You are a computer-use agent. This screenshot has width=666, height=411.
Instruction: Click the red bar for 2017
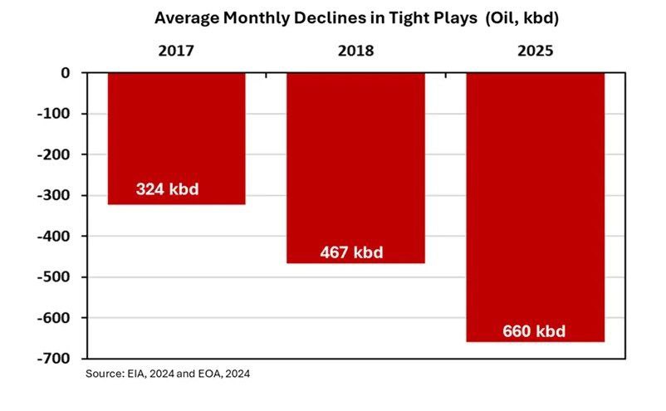[x=176, y=139]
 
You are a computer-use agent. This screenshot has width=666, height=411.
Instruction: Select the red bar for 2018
[x=356, y=168]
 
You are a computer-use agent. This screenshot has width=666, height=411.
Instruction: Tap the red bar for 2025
[x=535, y=208]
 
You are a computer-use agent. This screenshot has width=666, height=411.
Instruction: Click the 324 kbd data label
[x=168, y=189]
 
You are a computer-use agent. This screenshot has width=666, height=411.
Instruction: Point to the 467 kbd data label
[x=352, y=252]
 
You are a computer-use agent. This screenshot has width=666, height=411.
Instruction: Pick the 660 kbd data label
[x=534, y=331]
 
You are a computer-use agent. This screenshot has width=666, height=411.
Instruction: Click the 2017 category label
[x=176, y=51]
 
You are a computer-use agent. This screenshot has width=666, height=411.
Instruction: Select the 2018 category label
[x=356, y=51]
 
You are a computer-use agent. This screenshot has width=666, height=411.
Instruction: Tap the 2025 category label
[x=535, y=51]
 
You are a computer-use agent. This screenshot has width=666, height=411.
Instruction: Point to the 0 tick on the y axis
[x=65, y=73]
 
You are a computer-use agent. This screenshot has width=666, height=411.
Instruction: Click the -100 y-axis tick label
[x=53, y=114]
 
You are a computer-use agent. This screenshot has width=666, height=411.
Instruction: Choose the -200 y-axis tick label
[x=53, y=154]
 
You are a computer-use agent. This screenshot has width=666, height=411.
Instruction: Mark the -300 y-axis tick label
[x=53, y=195]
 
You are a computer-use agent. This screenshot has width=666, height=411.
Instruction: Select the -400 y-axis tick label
[x=53, y=236]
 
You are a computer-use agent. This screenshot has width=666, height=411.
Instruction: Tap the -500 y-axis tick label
[x=53, y=276]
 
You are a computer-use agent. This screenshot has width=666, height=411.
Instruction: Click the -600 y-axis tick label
[x=53, y=317]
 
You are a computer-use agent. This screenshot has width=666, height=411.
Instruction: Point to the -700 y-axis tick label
[x=53, y=359]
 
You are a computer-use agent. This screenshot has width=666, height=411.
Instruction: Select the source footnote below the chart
[x=168, y=374]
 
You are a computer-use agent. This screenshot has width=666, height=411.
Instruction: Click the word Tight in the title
[x=409, y=18]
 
